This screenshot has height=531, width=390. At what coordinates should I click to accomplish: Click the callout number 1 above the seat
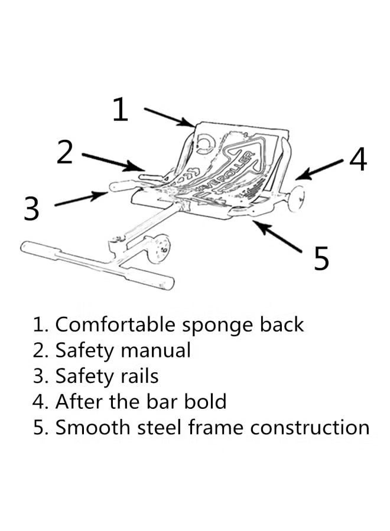tap(121, 110)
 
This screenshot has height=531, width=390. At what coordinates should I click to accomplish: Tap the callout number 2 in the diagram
tap(65, 152)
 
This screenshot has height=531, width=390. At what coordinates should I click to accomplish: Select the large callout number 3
tap(32, 209)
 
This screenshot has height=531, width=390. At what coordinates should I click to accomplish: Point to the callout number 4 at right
tap(358, 159)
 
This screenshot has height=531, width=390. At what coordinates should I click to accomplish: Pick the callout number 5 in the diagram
tap(321, 258)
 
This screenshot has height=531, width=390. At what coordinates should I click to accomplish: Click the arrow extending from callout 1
tap(169, 117)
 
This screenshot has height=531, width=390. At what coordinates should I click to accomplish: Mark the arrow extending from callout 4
tap(319, 169)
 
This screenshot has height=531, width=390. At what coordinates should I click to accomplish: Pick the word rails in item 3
tap(139, 376)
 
